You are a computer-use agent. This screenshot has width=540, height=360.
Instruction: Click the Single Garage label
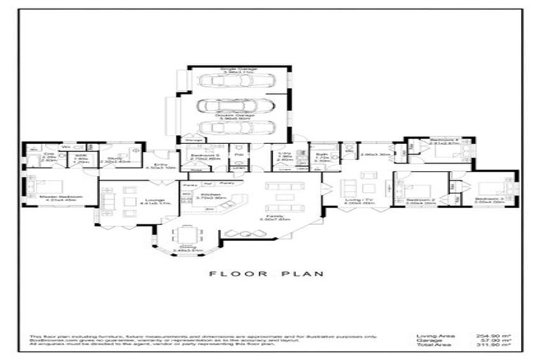pyautogui.click(x=237, y=70)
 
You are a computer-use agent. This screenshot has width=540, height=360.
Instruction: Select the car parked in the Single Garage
pyautogui.click(x=236, y=81)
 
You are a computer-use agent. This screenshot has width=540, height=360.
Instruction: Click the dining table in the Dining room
pyautogui.click(x=186, y=235)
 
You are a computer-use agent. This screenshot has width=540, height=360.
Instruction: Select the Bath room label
pyautogui.click(x=319, y=158)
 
